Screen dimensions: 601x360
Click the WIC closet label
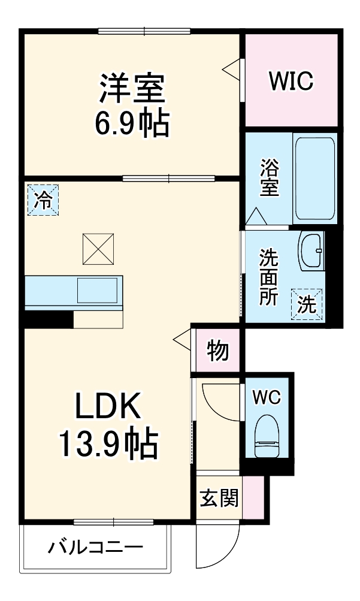pos(291,81)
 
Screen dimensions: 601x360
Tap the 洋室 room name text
pos(132,90)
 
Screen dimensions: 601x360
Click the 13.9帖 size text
pos(108,444)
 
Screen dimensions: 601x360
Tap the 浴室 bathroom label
pos(269,177)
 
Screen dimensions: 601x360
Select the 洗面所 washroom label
pos(268,278)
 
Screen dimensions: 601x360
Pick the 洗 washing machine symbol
pos(307,304)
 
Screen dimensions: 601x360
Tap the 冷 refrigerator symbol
pos(43,200)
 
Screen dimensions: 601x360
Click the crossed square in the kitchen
pos(98,249)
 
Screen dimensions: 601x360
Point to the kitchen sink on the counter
pos(96,291)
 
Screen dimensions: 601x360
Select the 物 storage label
pos(218,351)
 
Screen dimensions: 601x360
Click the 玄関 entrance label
pos(219,497)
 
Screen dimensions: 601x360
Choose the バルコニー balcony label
pos(96,546)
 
